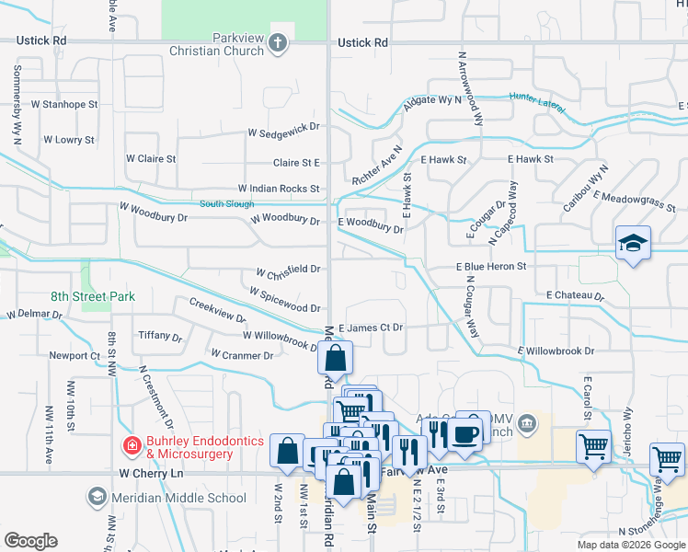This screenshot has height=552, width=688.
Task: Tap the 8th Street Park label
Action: (93, 296)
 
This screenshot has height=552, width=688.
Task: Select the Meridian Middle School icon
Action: (96, 498)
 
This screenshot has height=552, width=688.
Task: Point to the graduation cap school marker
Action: (633, 243)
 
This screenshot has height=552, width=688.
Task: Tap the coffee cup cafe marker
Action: (467, 431)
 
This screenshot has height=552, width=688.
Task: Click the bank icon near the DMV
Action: (527, 424)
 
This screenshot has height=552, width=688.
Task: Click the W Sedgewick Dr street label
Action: (283, 132)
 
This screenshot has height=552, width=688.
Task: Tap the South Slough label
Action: (226, 203)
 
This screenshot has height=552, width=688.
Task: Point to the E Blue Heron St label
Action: (491, 267)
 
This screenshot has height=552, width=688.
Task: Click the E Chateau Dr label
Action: (575, 295)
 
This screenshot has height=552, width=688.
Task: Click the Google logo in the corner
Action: (30, 541)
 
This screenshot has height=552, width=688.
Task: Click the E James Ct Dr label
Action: (371, 328)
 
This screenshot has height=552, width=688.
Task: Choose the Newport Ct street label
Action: (75, 355)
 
